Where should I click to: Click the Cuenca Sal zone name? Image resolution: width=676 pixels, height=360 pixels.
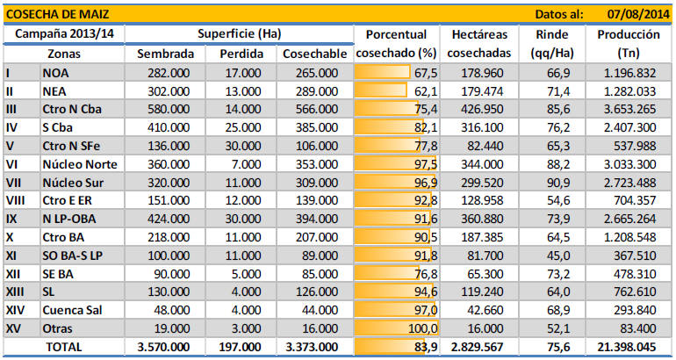point(76,310)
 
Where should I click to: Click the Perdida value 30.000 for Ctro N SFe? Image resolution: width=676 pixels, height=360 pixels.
point(239,146)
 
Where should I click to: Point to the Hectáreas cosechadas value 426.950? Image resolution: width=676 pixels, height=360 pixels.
point(496,109)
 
